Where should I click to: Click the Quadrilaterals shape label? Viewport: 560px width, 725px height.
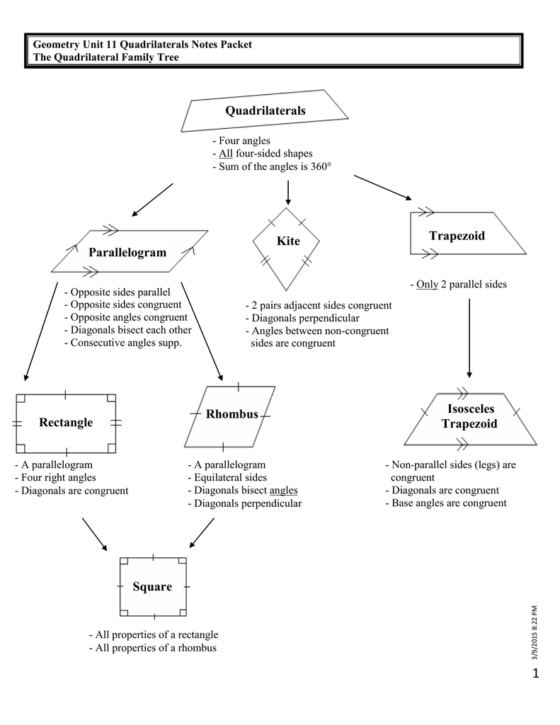(x=265, y=111)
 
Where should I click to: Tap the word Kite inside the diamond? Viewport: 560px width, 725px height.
(x=288, y=241)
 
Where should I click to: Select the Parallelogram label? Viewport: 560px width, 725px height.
(x=127, y=253)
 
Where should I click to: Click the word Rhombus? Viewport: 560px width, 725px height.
(x=232, y=413)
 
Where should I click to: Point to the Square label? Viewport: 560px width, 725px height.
(x=152, y=587)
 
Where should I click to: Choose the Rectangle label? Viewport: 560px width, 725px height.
(x=66, y=423)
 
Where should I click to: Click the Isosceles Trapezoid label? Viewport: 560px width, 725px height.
(x=470, y=416)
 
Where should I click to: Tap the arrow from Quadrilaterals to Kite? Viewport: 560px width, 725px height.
(x=288, y=193)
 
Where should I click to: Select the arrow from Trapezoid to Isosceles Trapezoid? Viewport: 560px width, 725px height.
(x=469, y=338)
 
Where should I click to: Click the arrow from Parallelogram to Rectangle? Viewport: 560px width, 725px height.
(x=40, y=331)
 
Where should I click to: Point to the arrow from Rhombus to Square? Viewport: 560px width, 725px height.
(x=202, y=532)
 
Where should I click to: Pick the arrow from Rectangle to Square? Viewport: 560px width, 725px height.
(x=94, y=535)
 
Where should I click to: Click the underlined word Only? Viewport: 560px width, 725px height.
(x=428, y=285)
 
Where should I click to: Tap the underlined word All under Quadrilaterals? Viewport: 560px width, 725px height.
(x=226, y=154)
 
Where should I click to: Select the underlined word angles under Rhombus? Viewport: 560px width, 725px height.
(x=283, y=491)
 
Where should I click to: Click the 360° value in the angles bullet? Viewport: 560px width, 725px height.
(x=321, y=166)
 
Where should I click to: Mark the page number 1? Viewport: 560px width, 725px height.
(x=535, y=674)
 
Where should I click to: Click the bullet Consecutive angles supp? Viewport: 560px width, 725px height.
(x=123, y=343)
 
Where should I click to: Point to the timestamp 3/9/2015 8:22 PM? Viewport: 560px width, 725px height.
(x=535, y=632)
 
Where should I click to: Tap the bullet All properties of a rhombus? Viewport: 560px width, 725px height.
(x=153, y=648)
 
